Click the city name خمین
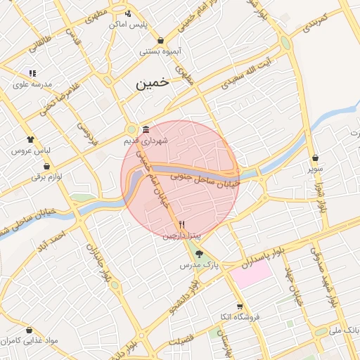pyautogui.click(x=153, y=82)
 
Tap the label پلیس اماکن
pyautogui.click(x=129, y=25)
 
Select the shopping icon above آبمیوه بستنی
pyautogui.click(x=162, y=40)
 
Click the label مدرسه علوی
pyautogui.click(x=33, y=84)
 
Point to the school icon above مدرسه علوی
pyautogui.click(x=32, y=73)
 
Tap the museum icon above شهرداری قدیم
pyautogui.click(x=146, y=130)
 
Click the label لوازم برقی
pyautogui.click(x=46, y=176)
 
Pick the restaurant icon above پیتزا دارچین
pyautogui.click(x=181, y=225)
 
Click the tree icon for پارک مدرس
pyautogui.click(x=200, y=255)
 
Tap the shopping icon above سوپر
pyautogui.click(x=314, y=158)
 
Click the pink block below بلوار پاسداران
pyautogui.click(x=250, y=275)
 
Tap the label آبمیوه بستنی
pyautogui.click(x=161, y=51)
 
